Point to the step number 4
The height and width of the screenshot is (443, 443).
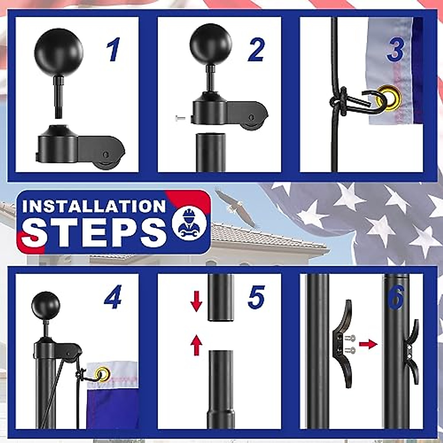tap(113, 298)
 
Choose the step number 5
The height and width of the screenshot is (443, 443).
tap(256, 298)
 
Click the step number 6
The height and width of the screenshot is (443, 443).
tap(396, 298)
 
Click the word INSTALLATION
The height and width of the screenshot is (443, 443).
tap(94, 206)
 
